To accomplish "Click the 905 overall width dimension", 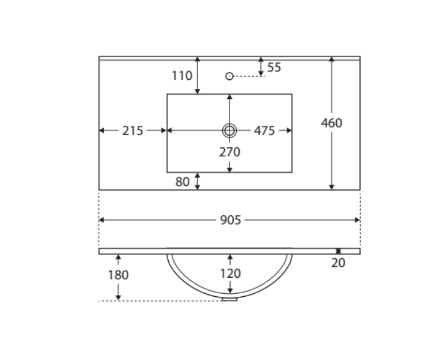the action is click(x=230, y=221).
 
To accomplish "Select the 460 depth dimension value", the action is click(x=331, y=123).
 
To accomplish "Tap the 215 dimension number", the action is click(x=133, y=131).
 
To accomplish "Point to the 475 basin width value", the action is click(x=264, y=131).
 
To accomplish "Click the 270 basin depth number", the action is click(x=230, y=152).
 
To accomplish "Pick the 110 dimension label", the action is click(x=182, y=76).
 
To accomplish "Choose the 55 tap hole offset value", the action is click(x=274, y=67).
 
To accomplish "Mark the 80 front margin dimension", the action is click(x=182, y=182).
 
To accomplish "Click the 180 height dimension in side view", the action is click(x=118, y=275).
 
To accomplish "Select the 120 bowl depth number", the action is click(x=230, y=274).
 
